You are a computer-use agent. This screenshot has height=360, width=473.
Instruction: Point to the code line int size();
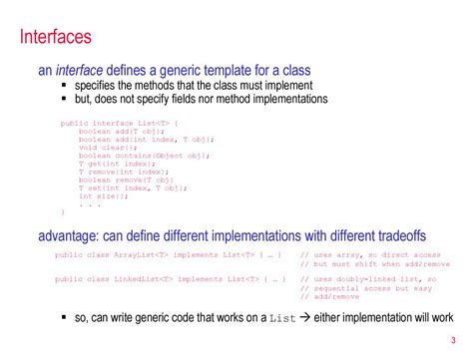(104, 195)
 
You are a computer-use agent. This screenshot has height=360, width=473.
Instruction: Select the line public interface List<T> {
(119, 123)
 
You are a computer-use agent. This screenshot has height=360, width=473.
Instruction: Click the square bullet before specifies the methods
(65, 86)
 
